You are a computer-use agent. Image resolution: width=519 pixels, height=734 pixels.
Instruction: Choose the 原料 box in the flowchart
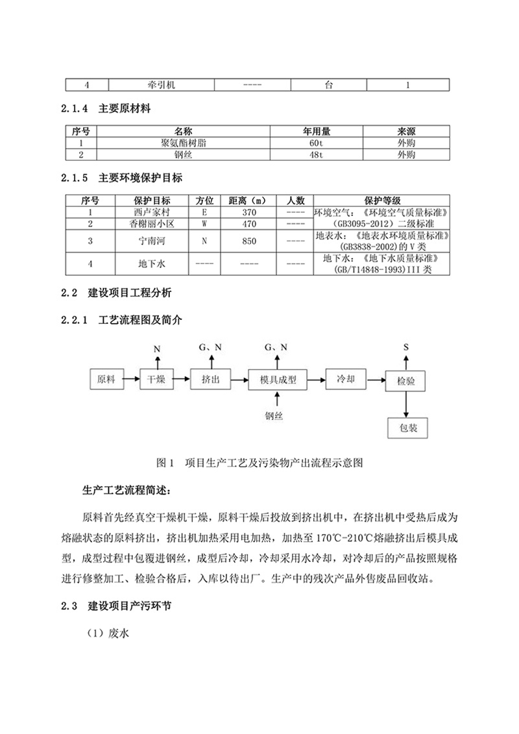pyautogui.click(x=106, y=380)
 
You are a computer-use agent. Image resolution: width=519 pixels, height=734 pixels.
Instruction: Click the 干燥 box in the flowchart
pyautogui.click(x=157, y=380)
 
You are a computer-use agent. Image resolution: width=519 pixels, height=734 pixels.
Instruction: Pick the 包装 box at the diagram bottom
pyautogui.click(x=407, y=428)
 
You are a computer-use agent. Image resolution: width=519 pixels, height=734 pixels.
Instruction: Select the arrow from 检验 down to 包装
pyautogui.click(x=406, y=404)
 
